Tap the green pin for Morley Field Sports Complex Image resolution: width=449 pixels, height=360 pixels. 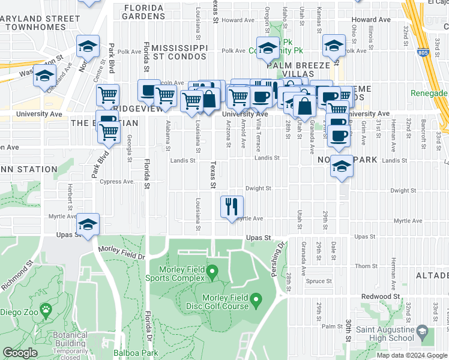(212, 274)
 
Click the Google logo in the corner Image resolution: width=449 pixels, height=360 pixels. (20, 353)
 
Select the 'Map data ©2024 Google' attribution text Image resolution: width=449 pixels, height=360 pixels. (412, 355)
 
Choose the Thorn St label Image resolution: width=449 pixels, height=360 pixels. (365, 265)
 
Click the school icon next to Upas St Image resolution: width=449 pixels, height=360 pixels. (88, 224)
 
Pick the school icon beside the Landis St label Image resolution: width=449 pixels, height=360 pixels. (342, 166)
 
